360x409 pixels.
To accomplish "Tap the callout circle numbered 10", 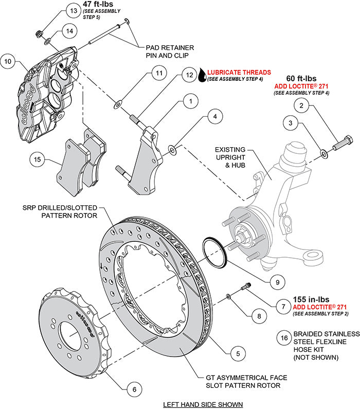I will tap(8, 62).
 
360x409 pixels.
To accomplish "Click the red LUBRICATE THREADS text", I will tap(239, 73).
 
